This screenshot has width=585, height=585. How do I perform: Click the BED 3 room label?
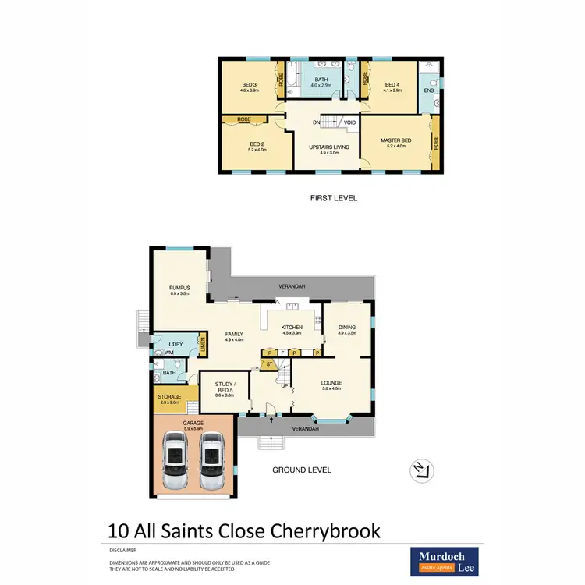click(249, 86)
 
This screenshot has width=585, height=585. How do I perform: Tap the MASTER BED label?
click(395, 141)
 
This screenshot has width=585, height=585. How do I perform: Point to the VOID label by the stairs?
click(349, 122)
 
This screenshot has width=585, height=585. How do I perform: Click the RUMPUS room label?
click(179, 288)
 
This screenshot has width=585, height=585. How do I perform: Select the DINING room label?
click(347, 327)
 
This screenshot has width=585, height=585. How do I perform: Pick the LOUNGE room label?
click(331, 382)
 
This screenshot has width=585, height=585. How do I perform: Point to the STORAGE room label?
click(170, 397)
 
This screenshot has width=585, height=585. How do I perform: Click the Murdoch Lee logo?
click(446, 560)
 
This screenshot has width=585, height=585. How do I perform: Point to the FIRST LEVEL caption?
click(333, 198)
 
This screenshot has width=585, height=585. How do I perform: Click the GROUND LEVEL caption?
click(302, 470)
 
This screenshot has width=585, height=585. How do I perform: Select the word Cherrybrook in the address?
click(326, 530)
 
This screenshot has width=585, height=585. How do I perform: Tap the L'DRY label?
click(176, 343)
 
